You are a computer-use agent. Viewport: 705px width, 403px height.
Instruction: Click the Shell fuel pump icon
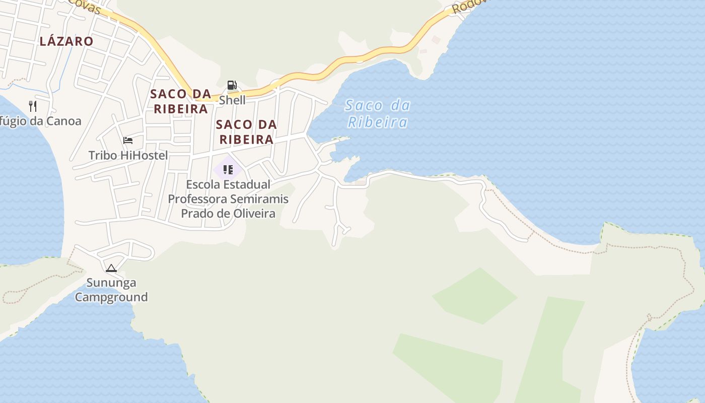232,85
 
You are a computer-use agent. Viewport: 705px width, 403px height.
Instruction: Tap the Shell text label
232,100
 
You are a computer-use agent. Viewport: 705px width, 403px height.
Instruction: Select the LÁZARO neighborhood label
66,41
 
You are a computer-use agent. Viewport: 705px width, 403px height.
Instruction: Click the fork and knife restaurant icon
33,106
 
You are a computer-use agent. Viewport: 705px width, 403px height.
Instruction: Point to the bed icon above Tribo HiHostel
128,140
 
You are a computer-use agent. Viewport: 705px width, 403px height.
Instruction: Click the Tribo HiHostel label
128,155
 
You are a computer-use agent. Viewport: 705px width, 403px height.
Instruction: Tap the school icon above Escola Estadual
228,169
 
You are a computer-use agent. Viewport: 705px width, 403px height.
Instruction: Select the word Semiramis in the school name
262,199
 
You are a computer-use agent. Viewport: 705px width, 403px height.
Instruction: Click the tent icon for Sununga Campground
111,268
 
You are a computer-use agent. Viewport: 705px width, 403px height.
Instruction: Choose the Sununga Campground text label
111,290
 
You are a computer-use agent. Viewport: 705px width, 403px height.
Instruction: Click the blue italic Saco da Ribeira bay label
378,114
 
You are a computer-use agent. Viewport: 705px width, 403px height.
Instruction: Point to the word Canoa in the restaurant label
63,121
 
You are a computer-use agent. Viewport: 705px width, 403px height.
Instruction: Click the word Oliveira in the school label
254,214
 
